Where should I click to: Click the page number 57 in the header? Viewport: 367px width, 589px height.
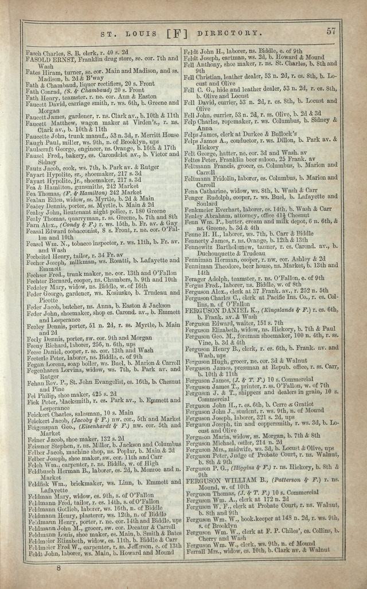tap(331, 31)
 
